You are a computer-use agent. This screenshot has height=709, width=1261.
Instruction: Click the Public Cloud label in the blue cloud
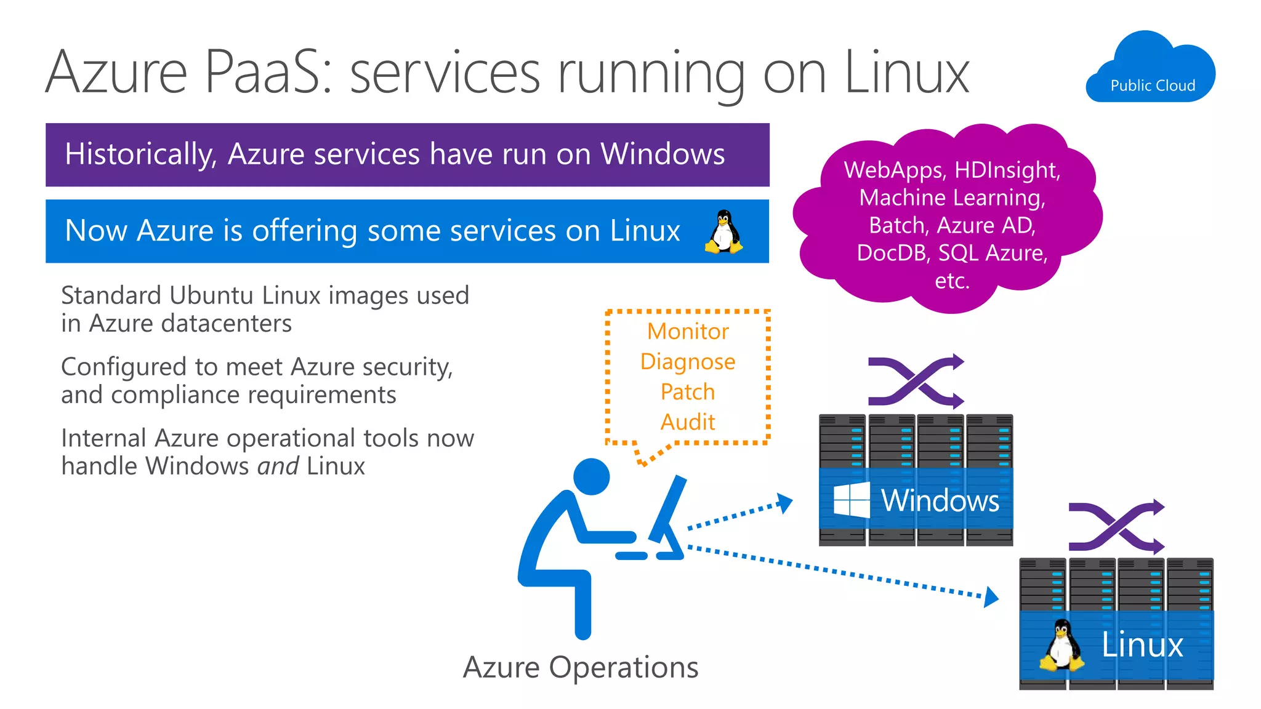point(1153,86)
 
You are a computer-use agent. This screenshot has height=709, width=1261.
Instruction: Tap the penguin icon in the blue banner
point(723,232)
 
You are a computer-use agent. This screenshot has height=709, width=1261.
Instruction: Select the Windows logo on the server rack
point(851,500)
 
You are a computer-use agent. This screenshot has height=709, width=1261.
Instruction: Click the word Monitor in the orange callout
point(688,332)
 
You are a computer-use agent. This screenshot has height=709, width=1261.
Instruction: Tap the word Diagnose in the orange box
point(688,362)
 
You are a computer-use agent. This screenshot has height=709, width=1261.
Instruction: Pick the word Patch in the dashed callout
point(688,392)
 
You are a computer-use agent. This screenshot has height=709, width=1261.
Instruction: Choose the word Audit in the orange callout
point(688,422)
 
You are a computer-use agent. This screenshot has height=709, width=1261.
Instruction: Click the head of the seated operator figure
point(591,476)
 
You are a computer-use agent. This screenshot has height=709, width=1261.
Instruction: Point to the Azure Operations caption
point(581,668)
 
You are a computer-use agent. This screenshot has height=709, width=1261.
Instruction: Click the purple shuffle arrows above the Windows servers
point(916,382)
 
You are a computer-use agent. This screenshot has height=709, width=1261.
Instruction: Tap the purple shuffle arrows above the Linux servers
point(1116,527)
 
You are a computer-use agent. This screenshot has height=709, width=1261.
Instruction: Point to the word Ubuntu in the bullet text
point(211,296)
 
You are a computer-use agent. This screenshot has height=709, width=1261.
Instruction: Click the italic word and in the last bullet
point(278,467)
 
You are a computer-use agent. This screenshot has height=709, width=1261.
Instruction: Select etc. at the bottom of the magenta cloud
point(952,281)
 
